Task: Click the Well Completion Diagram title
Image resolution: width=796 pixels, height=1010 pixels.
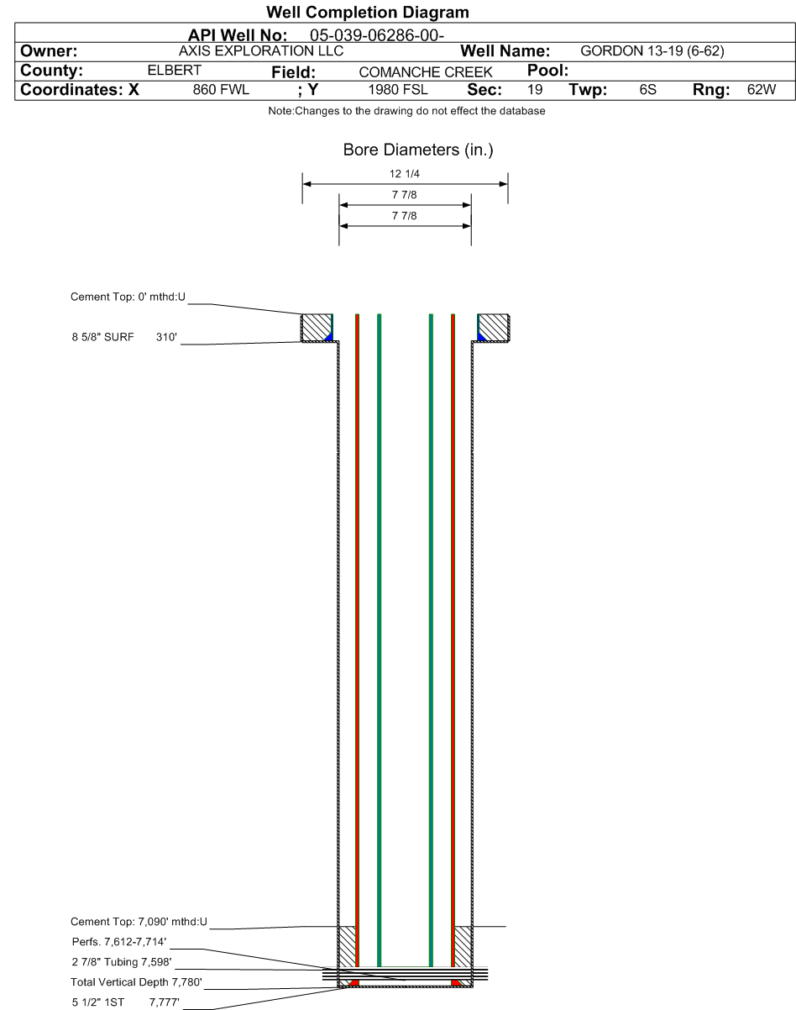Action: (367, 13)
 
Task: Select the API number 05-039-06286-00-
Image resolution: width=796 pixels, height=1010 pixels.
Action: (377, 35)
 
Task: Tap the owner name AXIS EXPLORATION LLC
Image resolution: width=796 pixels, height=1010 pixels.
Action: (261, 50)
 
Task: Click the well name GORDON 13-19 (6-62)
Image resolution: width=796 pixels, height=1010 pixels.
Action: (652, 50)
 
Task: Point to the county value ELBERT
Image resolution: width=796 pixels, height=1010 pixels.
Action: (174, 71)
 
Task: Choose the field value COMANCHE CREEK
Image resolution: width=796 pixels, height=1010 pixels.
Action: (426, 72)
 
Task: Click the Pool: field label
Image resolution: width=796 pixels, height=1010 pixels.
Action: (547, 71)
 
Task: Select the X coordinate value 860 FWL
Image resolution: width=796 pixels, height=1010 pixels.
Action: (221, 89)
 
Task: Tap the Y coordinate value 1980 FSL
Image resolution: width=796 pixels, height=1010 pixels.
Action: (398, 89)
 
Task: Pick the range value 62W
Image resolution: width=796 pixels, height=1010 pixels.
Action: (762, 89)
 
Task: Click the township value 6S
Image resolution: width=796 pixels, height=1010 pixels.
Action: (647, 89)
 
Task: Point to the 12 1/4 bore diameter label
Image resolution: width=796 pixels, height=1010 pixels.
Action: (405, 174)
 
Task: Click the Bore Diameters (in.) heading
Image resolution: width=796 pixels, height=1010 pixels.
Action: (418, 150)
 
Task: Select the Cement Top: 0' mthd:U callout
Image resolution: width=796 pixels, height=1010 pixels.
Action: (128, 297)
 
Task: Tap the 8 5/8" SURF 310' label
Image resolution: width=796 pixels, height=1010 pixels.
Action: (124, 337)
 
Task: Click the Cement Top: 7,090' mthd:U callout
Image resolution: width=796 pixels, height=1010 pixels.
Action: (139, 922)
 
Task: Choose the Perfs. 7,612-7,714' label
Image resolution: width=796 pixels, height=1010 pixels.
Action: (118, 942)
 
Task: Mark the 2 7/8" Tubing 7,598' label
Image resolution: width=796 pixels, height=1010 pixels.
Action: (122, 962)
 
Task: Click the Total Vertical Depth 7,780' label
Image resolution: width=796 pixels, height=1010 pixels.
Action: (136, 982)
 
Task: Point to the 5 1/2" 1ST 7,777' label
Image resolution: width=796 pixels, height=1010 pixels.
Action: (125, 1002)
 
